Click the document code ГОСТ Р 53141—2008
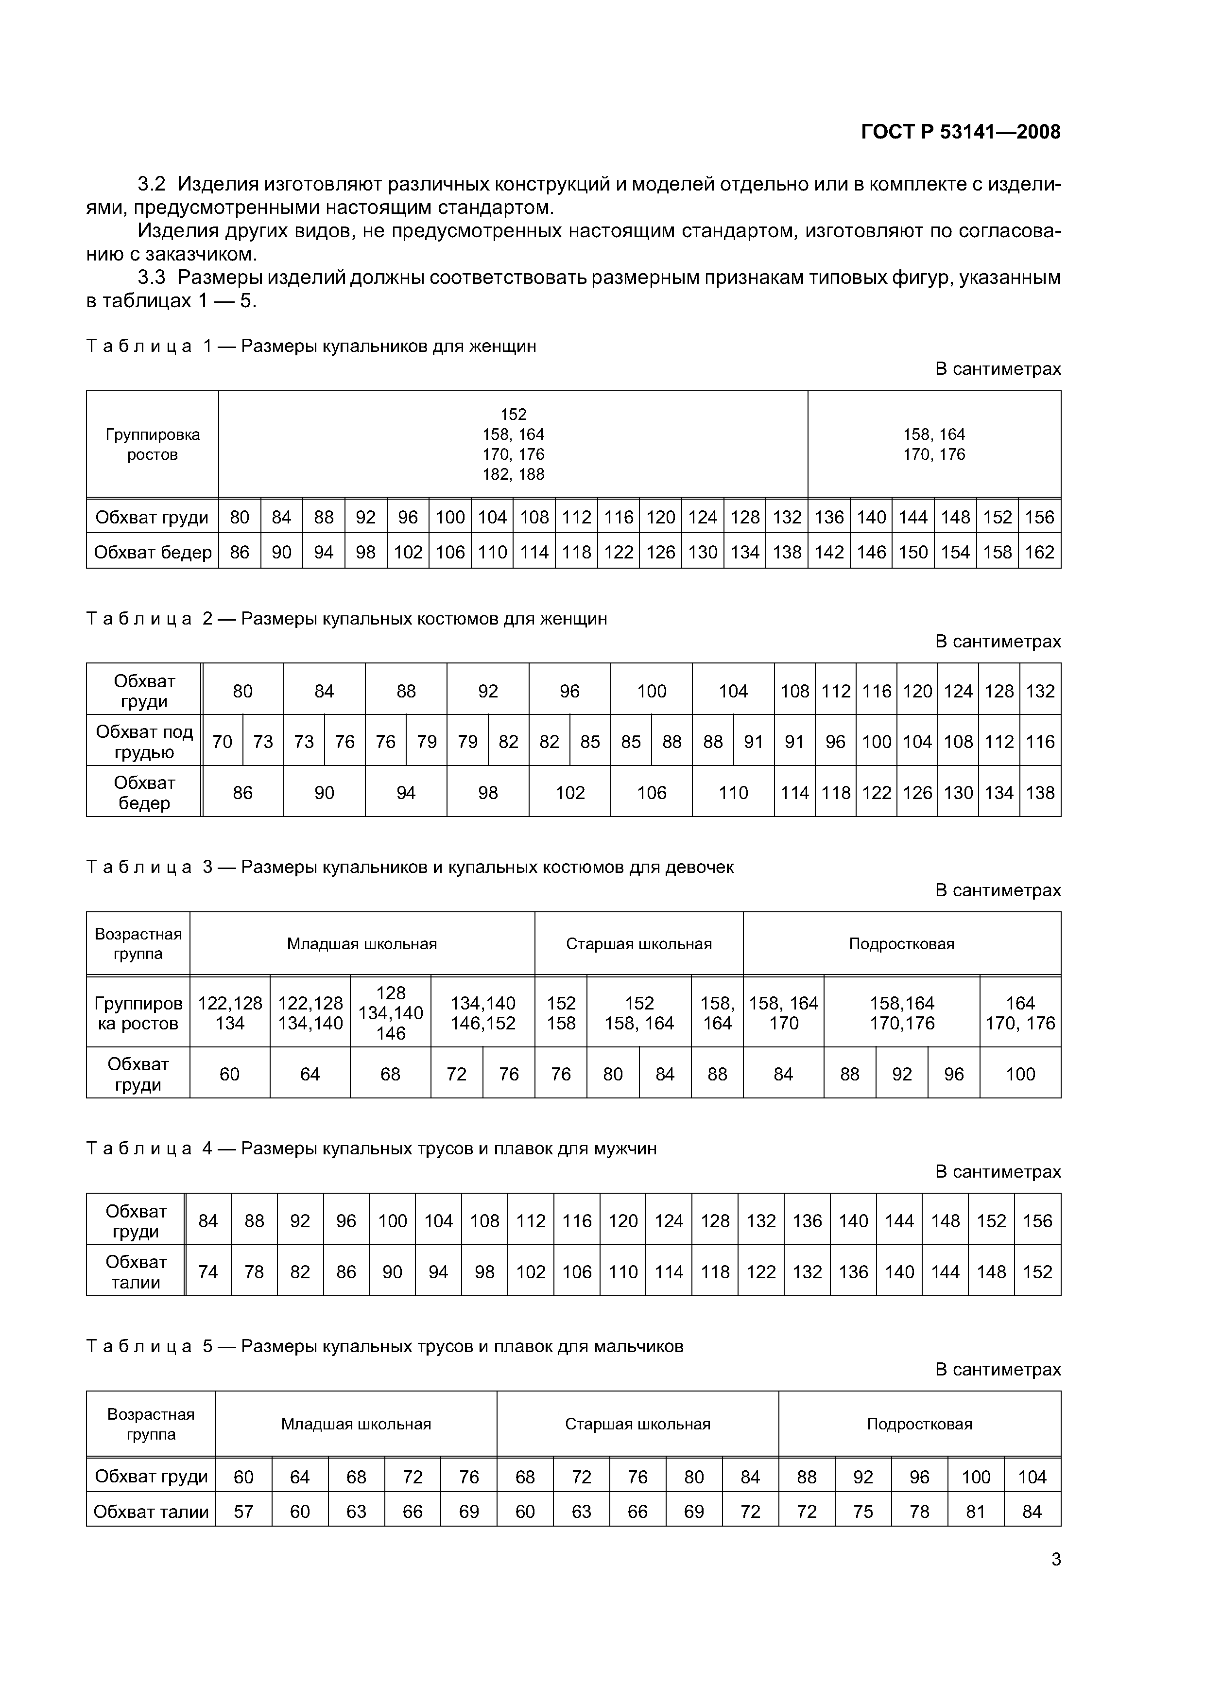pyautogui.click(x=960, y=132)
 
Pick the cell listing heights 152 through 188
pyautogui.click(x=513, y=444)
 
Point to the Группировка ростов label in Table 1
pyautogui.click(x=152, y=444)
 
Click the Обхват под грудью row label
pyautogui.click(x=144, y=741)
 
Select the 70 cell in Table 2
pyautogui.click(x=222, y=741)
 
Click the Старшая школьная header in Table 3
pyautogui.click(x=638, y=944)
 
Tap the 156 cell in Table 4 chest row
pyautogui.click(x=1037, y=1221)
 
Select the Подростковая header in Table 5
pyautogui.click(x=919, y=1424)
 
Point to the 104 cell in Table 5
pyautogui.click(x=1032, y=1477)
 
